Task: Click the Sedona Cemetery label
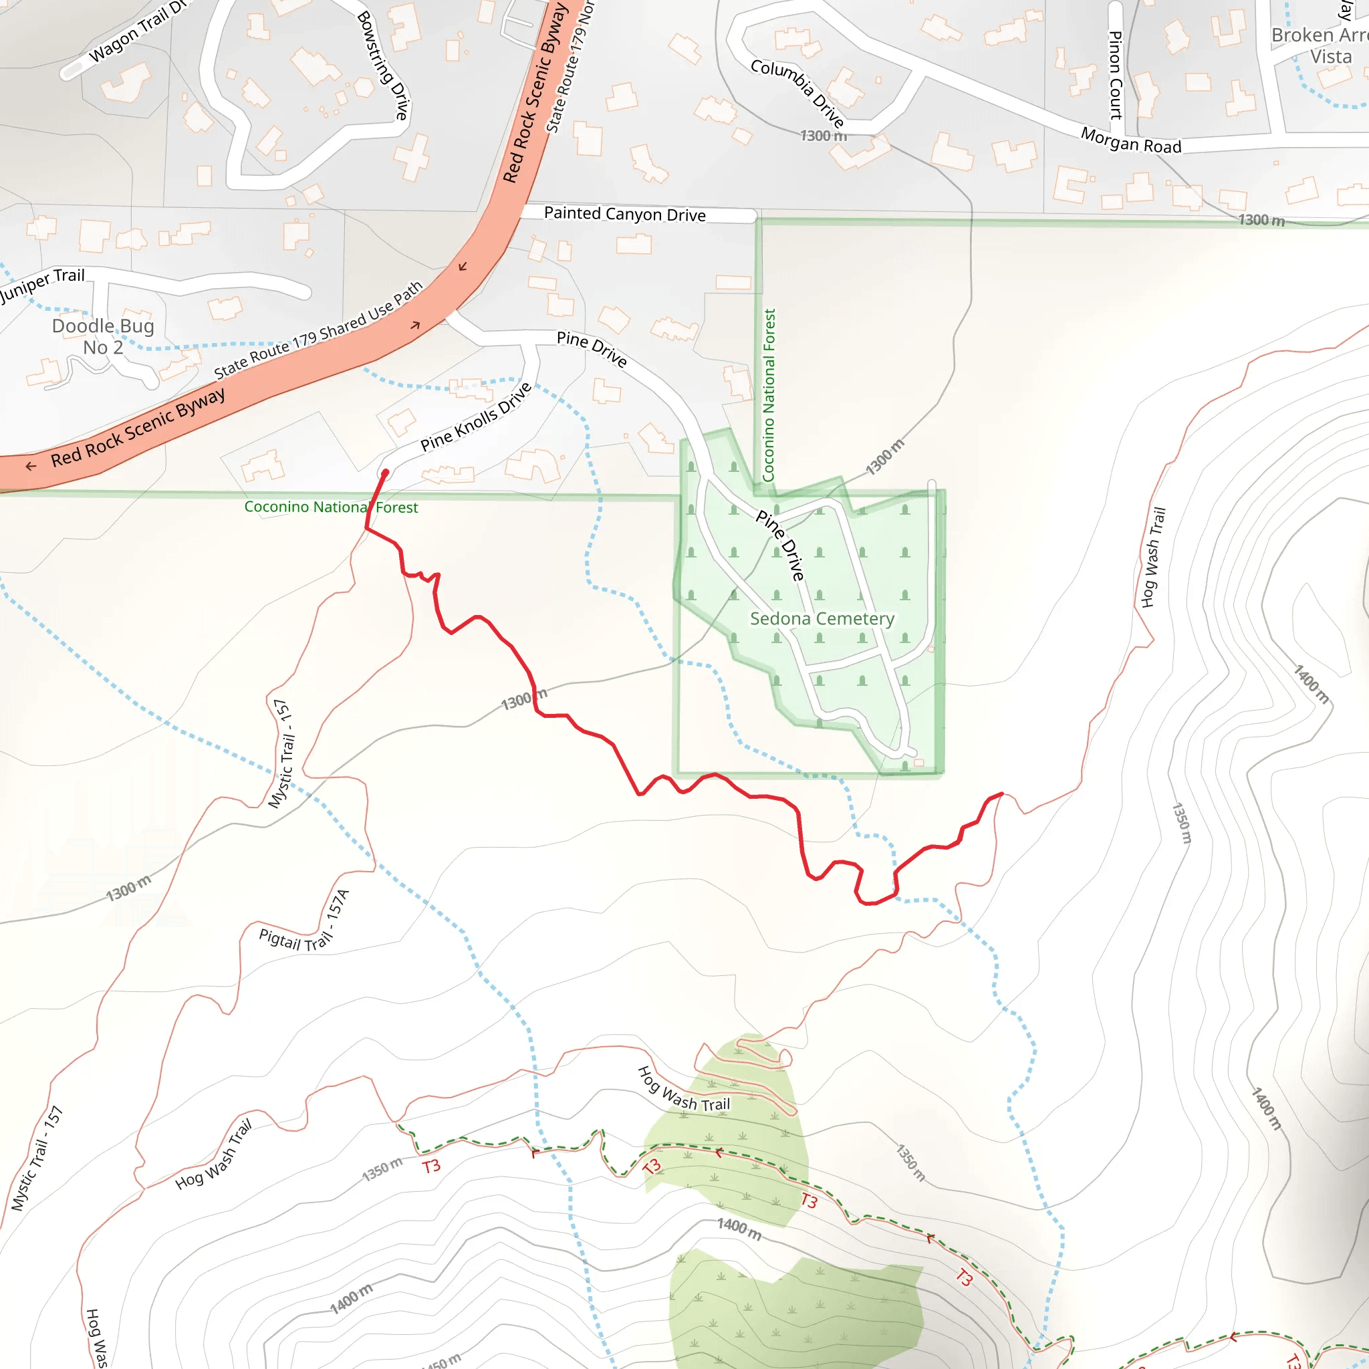[822, 618]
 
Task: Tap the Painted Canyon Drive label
[624, 214]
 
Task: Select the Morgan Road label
[1131, 140]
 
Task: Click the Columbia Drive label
[797, 93]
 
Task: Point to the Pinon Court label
[1116, 75]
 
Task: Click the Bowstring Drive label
[383, 66]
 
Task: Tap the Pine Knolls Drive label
[475, 417]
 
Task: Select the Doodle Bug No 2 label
[104, 337]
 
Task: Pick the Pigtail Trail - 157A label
[305, 924]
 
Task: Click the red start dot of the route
[386, 473]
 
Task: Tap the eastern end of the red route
[1001, 793]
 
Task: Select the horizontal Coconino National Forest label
[331, 507]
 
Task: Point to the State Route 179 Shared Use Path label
[318, 330]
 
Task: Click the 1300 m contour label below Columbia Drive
[824, 135]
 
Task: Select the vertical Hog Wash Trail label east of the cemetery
[1153, 557]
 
